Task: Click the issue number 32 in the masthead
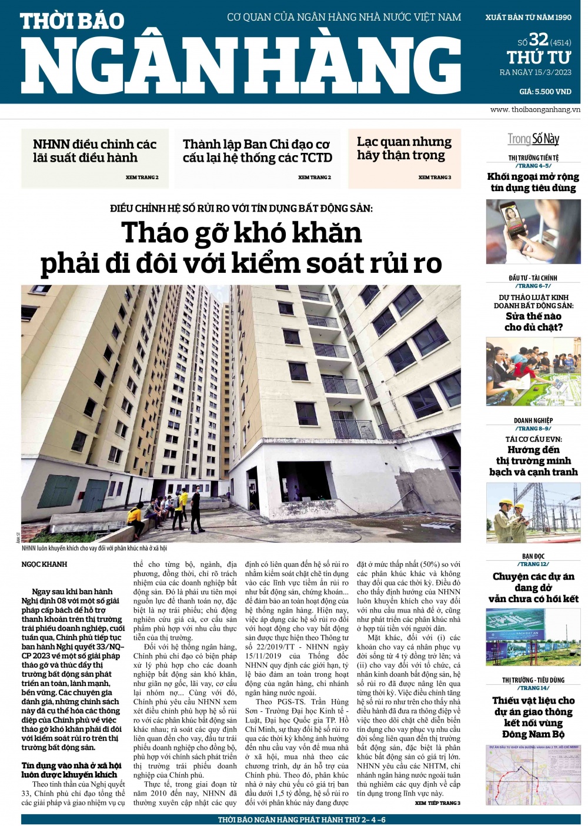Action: click(x=539, y=39)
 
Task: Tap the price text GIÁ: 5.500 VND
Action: click(x=545, y=92)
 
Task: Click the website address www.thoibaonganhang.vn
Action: click(x=534, y=110)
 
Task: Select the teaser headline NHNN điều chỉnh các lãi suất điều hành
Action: click(x=95, y=151)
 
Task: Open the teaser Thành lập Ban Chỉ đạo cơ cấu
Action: click(x=257, y=151)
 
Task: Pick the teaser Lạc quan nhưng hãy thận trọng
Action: click(x=404, y=149)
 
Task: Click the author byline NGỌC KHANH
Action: click(x=45, y=564)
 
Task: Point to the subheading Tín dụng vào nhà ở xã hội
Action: click(x=71, y=770)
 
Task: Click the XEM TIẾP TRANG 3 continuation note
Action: click(x=437, y=803)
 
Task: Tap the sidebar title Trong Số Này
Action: click(x=533, y=139)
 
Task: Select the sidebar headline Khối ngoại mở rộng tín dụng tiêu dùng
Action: click(x=533, y=182)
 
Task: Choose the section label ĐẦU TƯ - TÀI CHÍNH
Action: click(x=533, y=278)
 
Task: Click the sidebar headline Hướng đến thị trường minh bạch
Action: click(x=533, y=461)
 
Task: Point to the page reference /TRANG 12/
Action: click(x=533, y=564)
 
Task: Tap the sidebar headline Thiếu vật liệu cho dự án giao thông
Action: click(x=533, y=717)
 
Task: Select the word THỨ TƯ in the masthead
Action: click(x=539, y=58)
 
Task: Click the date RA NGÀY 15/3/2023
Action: click(x=535, y=73)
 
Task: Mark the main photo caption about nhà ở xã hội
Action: click(x=94, y=549)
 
